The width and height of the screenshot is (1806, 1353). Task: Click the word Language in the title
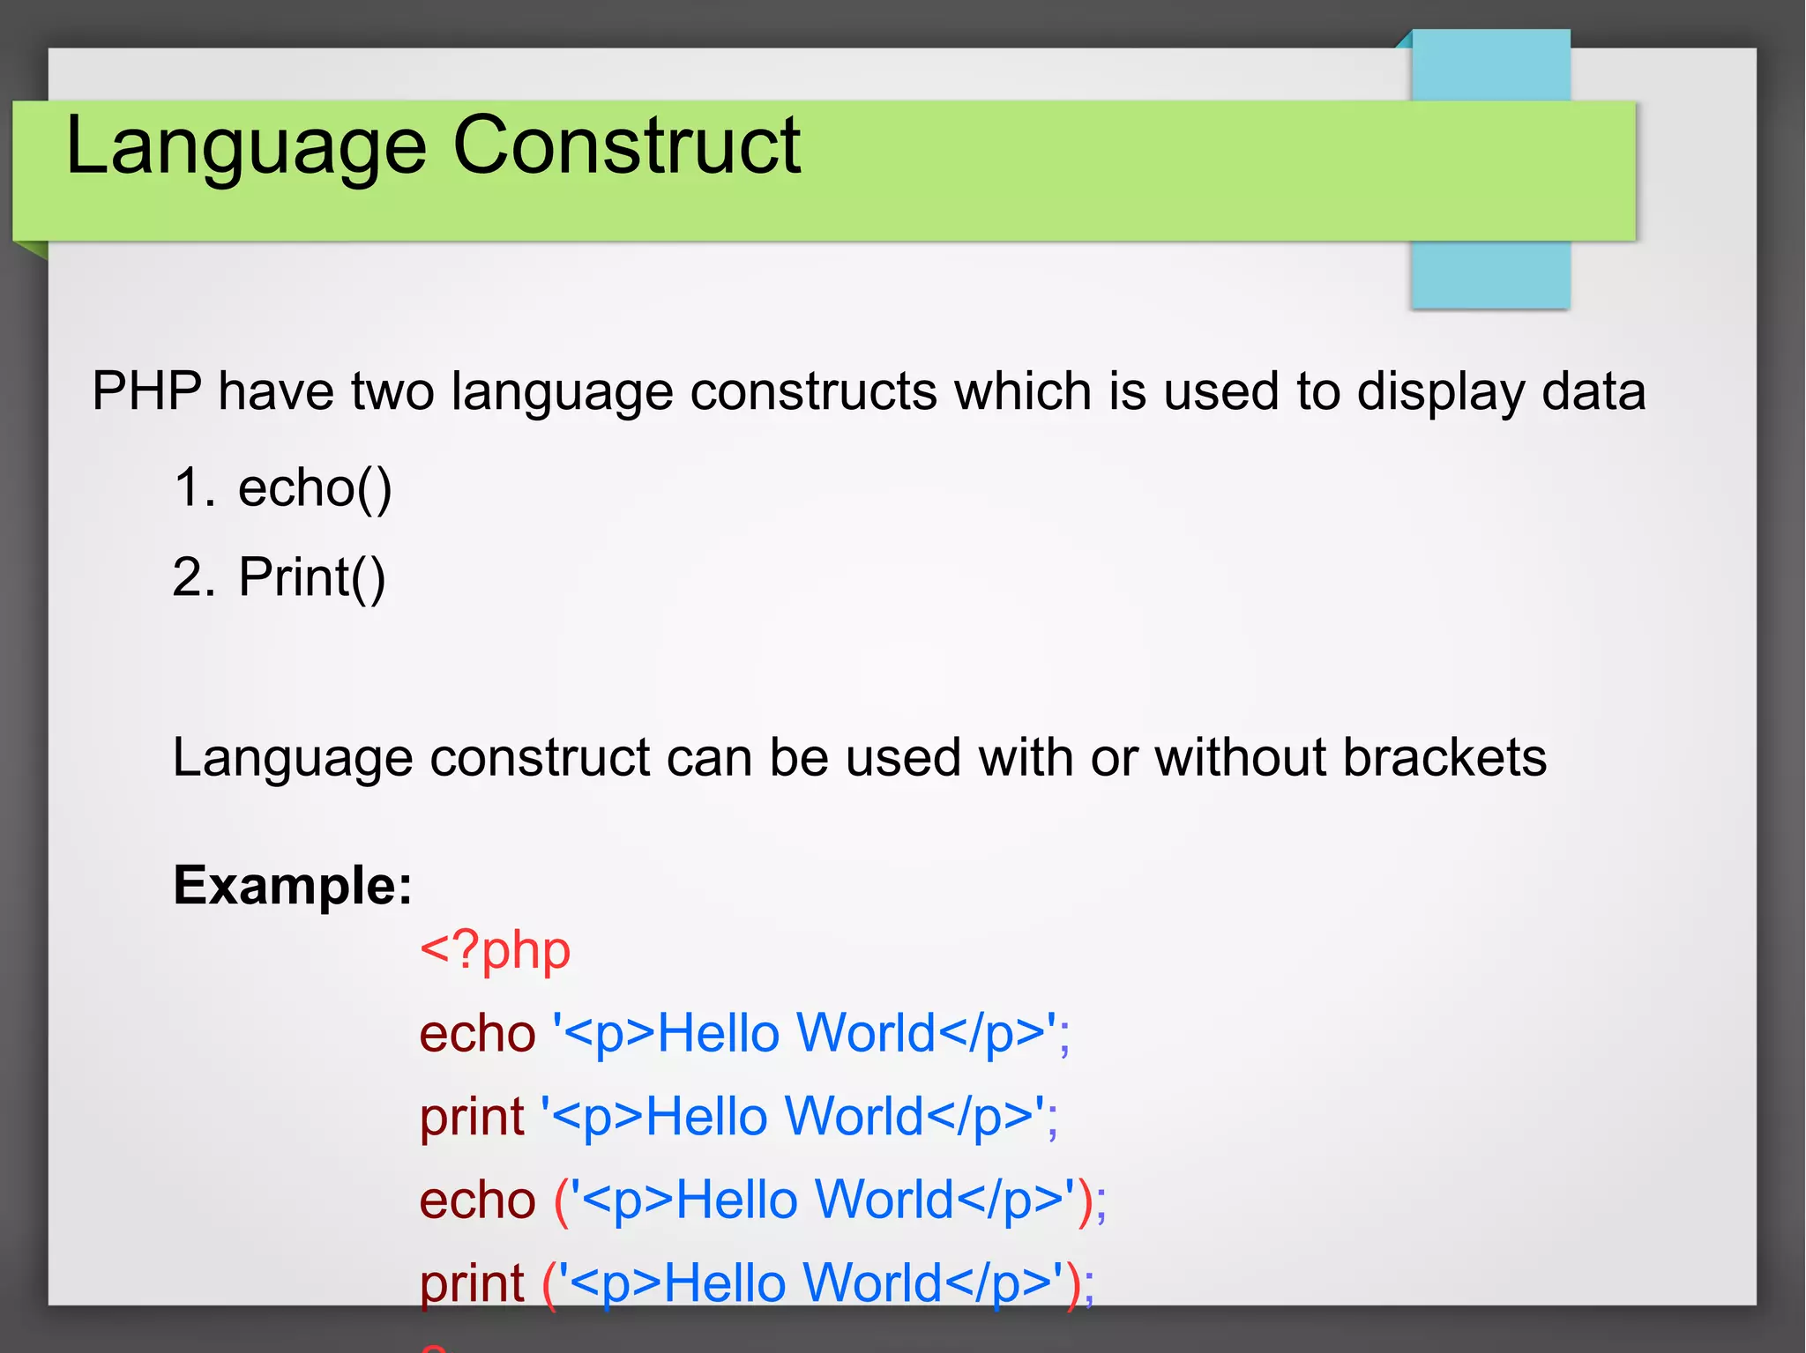pos(246,146)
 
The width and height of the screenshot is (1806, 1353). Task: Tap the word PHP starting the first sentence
pos(146,391)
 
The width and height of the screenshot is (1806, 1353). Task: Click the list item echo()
pos(315,488)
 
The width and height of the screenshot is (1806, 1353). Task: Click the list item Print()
pos(312,578)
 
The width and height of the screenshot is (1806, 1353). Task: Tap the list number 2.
pos(193,578)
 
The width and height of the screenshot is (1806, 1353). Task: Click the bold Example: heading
pos(293,885)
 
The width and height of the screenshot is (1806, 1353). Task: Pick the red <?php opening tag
pos(495,951)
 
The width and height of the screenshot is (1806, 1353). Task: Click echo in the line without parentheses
pos(477,1033)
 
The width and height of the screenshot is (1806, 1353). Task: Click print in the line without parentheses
pos(472,1116)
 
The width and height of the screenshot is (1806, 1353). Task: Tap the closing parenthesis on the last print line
pos(1073,1283)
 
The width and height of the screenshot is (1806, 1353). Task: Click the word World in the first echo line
pos(865,1033)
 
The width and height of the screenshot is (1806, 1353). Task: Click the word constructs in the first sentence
pos(813,391)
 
